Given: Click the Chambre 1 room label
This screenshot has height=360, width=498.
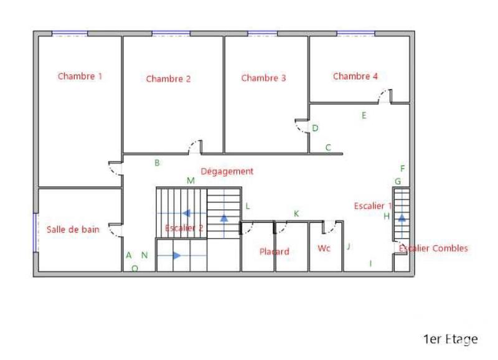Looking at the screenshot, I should point(80,76).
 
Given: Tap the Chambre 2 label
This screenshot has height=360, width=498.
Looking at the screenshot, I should point(168,78).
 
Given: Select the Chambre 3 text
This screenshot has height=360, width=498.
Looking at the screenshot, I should point(263,78).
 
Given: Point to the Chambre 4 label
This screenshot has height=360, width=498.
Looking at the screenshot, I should point(355,76).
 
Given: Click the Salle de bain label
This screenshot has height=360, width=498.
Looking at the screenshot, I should point(73,229).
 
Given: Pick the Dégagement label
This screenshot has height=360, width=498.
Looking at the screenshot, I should point(227,171).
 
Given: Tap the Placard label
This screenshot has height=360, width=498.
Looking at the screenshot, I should point(274,252).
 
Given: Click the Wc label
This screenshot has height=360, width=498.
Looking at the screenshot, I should point(324,249).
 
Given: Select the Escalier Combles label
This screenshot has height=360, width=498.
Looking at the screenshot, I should point(433,248).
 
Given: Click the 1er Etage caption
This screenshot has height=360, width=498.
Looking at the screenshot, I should point(450,339).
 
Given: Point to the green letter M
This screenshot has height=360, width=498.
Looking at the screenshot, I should point(191,181).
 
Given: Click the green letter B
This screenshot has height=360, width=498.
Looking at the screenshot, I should point(157,163).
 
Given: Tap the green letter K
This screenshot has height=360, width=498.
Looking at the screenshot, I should point(296,214).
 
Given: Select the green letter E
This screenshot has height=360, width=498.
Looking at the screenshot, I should point(364,115).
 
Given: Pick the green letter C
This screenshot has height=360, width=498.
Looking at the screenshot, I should point(328,148).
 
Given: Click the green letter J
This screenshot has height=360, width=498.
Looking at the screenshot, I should point(349,247).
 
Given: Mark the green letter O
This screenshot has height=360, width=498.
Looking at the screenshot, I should point(134,268).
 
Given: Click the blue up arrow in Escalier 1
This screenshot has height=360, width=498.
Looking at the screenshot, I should point(402,218).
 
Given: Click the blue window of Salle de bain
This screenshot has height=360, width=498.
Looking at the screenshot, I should point(35,232).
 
